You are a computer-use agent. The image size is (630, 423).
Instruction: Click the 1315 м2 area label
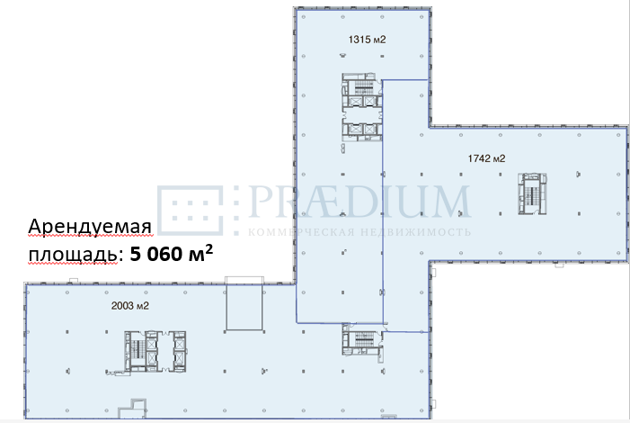point(367,40)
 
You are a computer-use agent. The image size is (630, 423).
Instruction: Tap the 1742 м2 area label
point(486,158)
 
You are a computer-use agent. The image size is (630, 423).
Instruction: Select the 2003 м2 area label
point(129,306)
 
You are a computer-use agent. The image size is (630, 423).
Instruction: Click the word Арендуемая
point(90,227)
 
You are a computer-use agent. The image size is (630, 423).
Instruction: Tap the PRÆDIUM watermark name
point(359,202)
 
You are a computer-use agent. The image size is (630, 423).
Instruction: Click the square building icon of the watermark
point(190,210)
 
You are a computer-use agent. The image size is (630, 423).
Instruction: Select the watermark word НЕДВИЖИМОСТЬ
point(415,232)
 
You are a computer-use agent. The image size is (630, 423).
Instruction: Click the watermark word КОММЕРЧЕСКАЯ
point(301,232)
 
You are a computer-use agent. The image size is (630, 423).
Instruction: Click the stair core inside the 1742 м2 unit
point(532,193)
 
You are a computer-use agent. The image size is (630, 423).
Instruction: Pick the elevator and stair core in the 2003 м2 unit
point(155,351)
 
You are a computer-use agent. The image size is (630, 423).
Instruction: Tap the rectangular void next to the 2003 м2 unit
point(244,304)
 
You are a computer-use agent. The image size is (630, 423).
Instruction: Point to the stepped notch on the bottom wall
point(133,408)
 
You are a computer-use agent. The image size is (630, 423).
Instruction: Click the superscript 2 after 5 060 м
point(209,249)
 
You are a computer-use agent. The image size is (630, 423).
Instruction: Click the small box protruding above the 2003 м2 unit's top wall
point(74,281)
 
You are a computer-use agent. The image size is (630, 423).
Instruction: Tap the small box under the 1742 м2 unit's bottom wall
point(559,265)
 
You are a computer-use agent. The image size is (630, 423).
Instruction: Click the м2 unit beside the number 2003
point(143,306)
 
